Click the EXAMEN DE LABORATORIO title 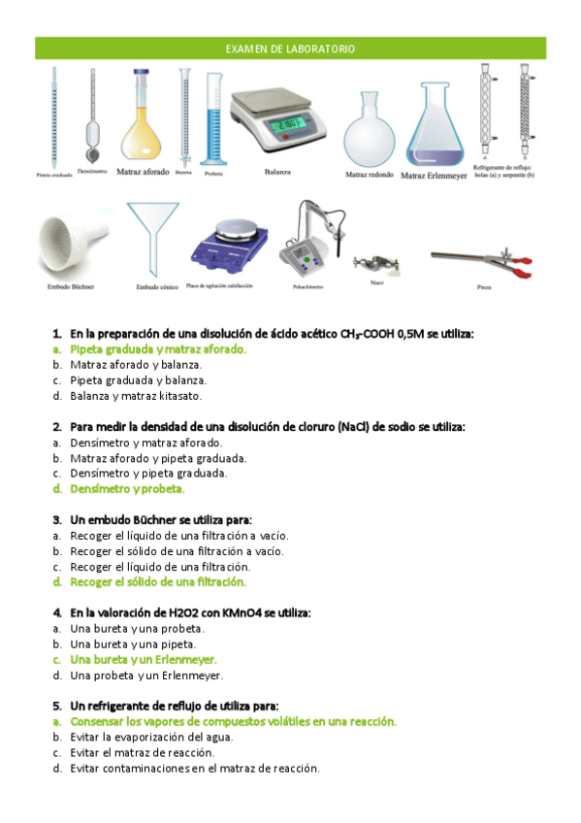[290, 49]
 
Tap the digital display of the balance [287, 125]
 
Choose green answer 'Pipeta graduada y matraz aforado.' [158, 348]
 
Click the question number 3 [58, 519]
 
